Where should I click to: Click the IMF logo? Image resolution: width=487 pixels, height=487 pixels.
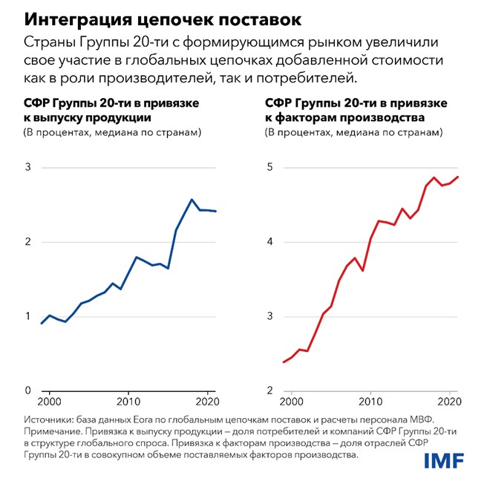pyautogui.click(x=443, y=461)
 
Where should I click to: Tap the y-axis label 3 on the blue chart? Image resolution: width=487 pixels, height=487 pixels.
pyautogui.click(x=28, y=167)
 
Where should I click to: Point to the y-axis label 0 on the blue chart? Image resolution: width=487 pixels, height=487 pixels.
pyautogui.click(x=28, y=391)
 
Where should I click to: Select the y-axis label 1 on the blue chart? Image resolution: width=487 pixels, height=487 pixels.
pyautogui.click(x=28, y=316)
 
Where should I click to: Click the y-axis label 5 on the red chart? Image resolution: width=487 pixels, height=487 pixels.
pyautogui.click(x=271, y=167)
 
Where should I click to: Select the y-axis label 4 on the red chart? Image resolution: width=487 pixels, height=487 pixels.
pyautogui.click(x=271, y=242)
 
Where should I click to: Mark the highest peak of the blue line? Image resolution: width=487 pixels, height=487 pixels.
pyautogui.click(x=192, y=199)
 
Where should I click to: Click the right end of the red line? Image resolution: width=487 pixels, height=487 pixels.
pyautogui.click(x=458, y=177)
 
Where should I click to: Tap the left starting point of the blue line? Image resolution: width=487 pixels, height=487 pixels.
pyautogui.click(x=42, y=324)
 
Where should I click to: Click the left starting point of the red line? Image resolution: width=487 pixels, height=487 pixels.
pyautogui.click(x=284, y=362)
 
